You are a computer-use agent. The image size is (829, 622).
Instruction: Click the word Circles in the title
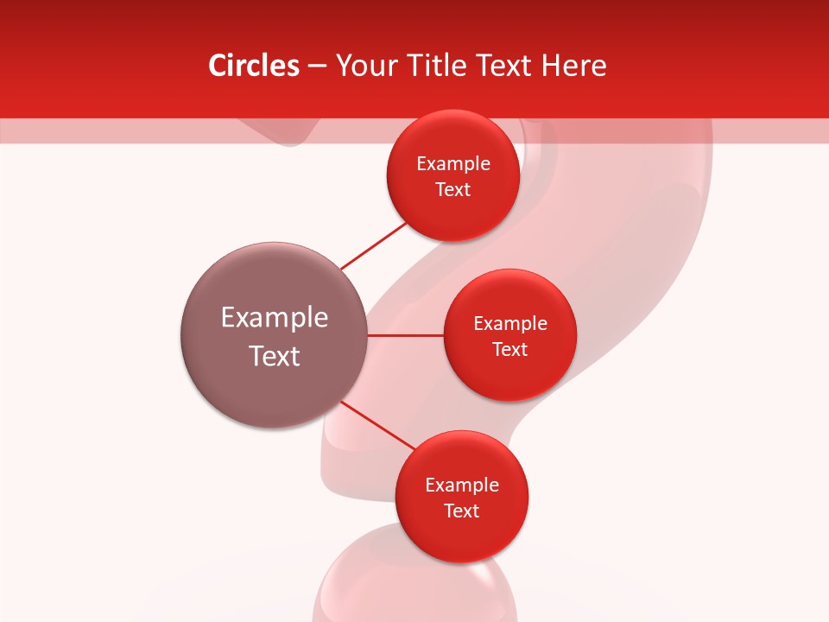254,66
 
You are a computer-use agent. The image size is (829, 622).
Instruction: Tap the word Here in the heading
573,66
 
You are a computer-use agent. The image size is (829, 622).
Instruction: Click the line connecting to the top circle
373,245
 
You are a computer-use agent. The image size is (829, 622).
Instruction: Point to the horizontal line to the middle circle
406,335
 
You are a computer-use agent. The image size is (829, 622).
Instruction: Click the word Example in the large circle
275,318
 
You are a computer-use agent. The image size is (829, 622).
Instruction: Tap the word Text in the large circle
275,356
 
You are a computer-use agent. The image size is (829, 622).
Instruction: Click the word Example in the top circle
453,164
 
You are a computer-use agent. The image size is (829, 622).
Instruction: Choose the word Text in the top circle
453,190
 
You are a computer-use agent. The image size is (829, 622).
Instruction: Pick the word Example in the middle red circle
510,324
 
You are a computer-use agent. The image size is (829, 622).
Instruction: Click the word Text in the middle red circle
510,350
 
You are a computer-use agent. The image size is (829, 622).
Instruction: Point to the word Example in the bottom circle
462,486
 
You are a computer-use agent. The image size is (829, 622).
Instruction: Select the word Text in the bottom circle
462,511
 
